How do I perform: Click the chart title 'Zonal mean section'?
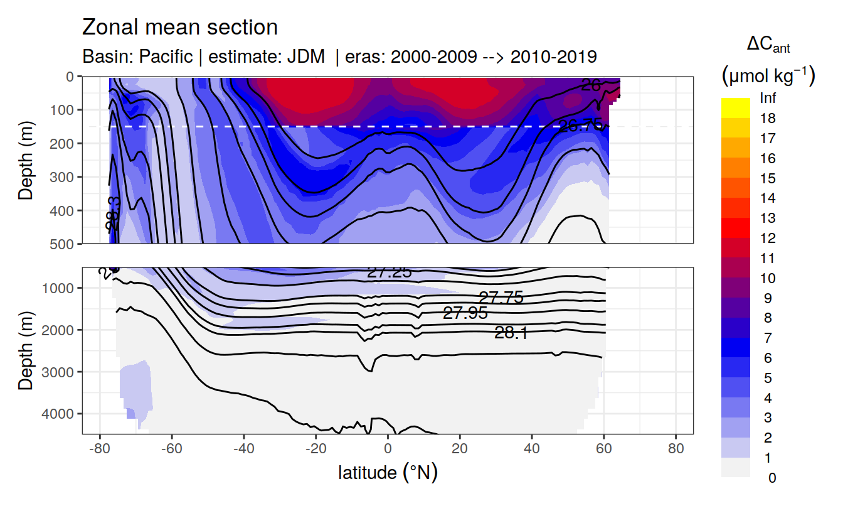coord(180,28)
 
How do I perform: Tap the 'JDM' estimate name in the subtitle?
coord(306,57)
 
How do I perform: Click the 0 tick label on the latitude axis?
coord(388,450)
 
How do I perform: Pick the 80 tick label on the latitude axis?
coord(676,450)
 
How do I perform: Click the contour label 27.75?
coord(501,298)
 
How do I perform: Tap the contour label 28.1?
coord(511,333)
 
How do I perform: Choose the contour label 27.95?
coord(465,313)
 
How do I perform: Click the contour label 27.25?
coord(390,272)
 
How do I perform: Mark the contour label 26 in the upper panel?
coord(591,86)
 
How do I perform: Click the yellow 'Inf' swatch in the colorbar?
coord(736,103)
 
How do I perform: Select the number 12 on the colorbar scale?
coord(767,239)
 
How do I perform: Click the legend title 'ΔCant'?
coord(768,45)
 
